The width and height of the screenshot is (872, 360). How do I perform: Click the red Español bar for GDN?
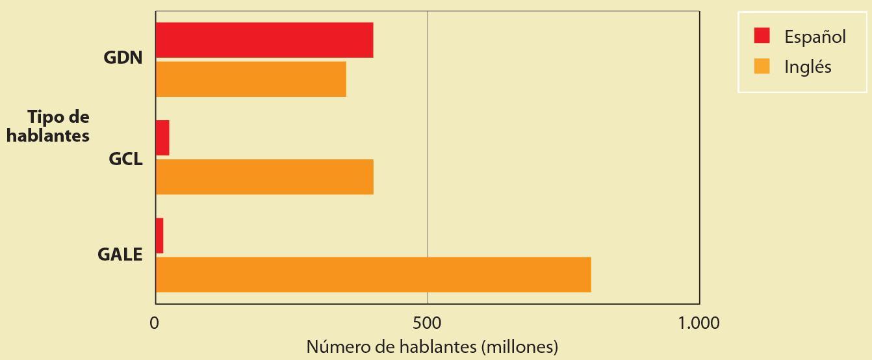[x=264, y=40]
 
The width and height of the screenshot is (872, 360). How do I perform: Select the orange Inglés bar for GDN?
[x=251, y=79]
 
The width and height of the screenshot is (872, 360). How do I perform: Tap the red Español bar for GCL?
[x=162, y=138]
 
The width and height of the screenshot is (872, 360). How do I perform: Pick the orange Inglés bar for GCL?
[x=264, y=177]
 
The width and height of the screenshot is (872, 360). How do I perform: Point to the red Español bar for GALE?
[x=160, y=235]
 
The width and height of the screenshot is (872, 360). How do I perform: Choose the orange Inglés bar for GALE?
[x=374, y=274]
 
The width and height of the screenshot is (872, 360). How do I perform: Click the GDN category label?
[x=123, y=57]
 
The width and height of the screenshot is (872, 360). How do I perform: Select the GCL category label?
[x=125, y=159]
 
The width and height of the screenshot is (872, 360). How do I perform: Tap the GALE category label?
[x=120, y=255]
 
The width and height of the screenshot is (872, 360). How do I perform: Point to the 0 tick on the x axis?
[x=155, y=323]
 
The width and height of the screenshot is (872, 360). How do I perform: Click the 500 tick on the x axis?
[x=428, y=323]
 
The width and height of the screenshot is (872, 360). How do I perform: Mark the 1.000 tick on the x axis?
[x=699, y=323]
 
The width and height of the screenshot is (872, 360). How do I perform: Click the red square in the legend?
[x=762, y=36]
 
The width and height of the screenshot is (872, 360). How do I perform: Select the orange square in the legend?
[x=762, y=66]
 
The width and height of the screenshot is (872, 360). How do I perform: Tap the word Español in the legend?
[x=815, y=37]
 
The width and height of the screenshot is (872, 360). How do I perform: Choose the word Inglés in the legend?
[x=808, y=67]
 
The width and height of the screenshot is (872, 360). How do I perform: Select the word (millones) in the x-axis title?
[x=520, y=347]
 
